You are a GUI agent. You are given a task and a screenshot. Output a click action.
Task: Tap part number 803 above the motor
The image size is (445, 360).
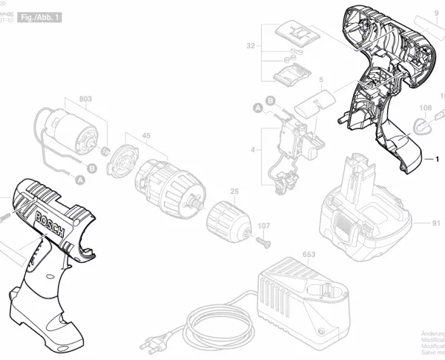pyautogui.click(x=85, y=99)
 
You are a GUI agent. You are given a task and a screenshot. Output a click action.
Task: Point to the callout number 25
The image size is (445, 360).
pyautogui.click(x=235, y=193)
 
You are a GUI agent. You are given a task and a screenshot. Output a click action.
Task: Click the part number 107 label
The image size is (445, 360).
pyautogui.click(x=263, y=226)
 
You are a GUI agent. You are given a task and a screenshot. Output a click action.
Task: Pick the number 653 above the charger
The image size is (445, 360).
pyautogui.click(x=309, y=255)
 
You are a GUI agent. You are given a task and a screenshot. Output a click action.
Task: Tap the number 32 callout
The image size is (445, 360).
pyautogui.click(x=251, y=46)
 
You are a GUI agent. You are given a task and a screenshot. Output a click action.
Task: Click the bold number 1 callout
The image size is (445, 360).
pyautogui.click(x=437, y=158)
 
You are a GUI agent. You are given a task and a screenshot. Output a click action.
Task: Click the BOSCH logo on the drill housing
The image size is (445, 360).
pyautogui.click(x=49, y=220)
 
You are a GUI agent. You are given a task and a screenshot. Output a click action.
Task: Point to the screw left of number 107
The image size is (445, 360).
pyautogui.click(x=262, y=240)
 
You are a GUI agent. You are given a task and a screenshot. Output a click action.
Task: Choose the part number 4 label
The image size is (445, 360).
pyautogui.click(x=253, y=151)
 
